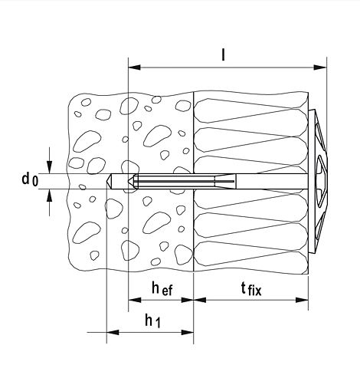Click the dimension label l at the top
224,54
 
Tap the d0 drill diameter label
30,179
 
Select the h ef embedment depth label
162,289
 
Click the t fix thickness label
251,289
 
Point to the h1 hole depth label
152,321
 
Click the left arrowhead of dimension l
134,67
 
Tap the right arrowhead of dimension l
320,67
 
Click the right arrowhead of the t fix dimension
302,300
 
